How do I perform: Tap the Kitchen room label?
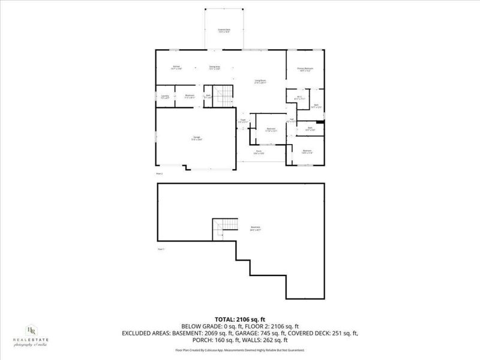pos(176,67)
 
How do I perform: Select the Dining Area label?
pos(214,67)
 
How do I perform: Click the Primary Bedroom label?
pos(306,70)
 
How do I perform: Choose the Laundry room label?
pos(165,96)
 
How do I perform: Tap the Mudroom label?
pos(189,96)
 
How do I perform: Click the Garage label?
pos(196,138)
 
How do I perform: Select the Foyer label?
pos(244,121)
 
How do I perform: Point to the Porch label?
pos(259,152)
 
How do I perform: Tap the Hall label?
pos(292,120)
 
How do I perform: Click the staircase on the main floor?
pos(223,95)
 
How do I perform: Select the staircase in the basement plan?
pos(220,228)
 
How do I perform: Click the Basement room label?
pos(255,229)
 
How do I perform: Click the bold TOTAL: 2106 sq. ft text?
pos(240,319)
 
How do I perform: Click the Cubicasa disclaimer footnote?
pos(240,350)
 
